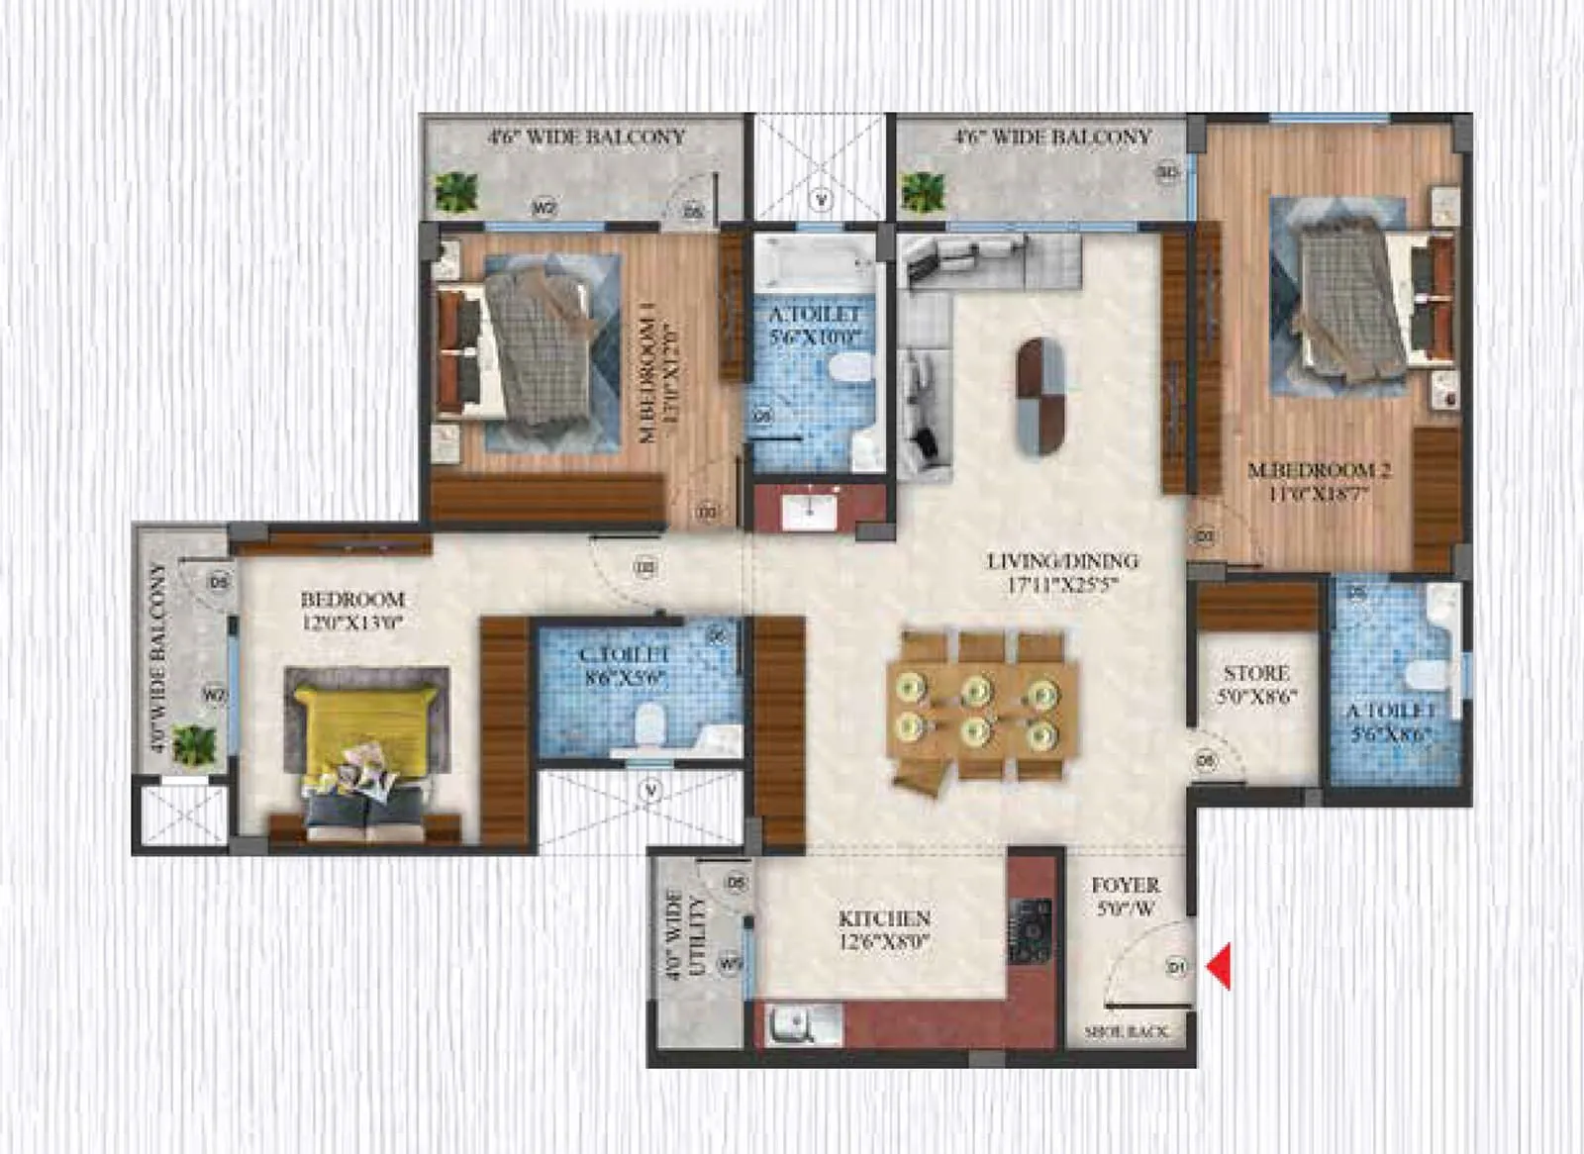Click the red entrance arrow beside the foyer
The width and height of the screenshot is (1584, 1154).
(x=1221, y=966)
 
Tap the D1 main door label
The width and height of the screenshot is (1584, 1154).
(x=1176, y=967)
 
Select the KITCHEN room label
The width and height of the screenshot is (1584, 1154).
(x=884, y=918)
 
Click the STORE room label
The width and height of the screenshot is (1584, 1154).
(x=1256, y=673)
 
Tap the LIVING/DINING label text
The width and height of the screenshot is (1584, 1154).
(x=1063, y=561)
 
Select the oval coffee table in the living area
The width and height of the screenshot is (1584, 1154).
(x=1041, y=396)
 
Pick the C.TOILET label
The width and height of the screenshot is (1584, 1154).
(x=624, y=654)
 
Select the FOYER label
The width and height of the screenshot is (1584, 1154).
(x=1126, y=886)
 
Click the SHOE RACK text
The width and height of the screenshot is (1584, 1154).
(x=1127, y=1031)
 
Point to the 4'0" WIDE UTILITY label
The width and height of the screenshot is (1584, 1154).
(x=685, y=935)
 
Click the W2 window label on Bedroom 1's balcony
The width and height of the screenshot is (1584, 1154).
(x=544, y=208)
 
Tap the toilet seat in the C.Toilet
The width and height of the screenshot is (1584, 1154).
(x=649, y=724)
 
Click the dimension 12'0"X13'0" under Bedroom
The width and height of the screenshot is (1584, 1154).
(x=352, y=623)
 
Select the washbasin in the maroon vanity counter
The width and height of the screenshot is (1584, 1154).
(x=809, y=511)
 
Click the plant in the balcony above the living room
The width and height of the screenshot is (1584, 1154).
(x=923, y=191)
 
